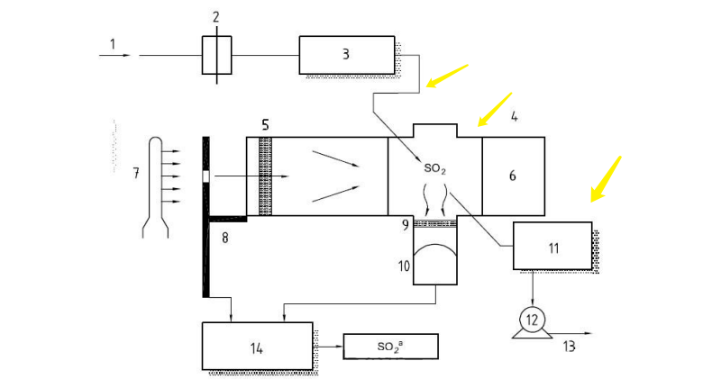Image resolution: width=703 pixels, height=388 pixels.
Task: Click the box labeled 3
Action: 346,54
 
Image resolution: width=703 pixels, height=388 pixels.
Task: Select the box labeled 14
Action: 256,344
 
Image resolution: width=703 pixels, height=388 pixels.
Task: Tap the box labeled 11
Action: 552,245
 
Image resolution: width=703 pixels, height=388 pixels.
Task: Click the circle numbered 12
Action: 532,320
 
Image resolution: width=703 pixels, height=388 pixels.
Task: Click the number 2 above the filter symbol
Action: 215,16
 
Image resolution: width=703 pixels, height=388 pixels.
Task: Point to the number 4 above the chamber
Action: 514,117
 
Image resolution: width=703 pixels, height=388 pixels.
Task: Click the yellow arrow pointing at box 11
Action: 606,177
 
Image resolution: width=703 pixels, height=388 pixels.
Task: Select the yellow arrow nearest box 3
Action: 448,76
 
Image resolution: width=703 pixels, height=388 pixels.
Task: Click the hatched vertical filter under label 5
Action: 265,176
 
